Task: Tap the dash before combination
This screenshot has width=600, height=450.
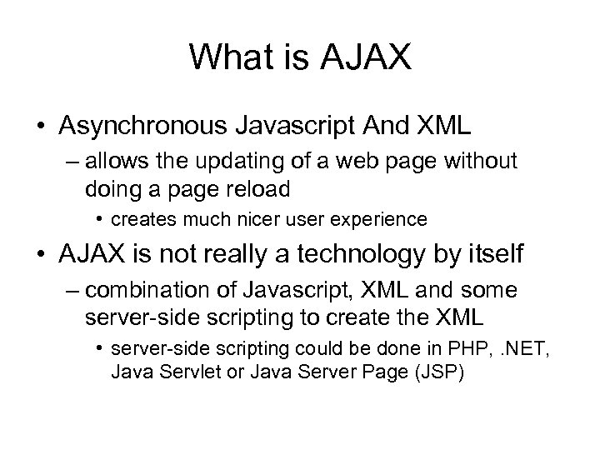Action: (70, 292)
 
